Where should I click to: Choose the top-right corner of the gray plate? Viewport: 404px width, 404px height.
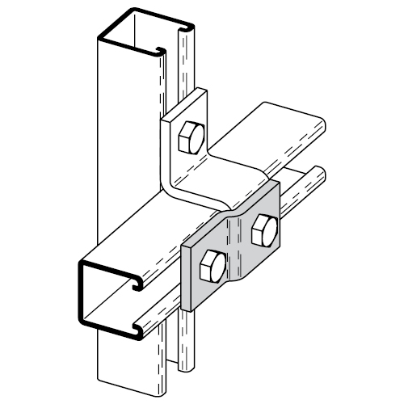coord(278,184)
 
